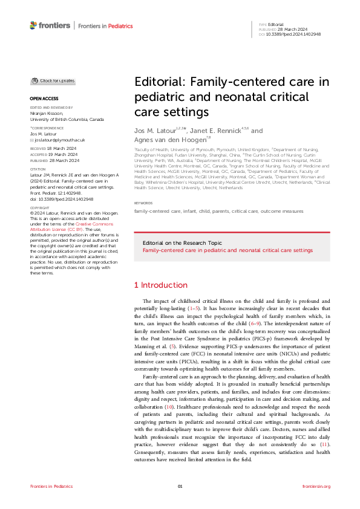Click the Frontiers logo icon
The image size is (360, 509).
coord(33,25)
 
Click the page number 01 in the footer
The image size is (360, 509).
coord(180,486)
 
